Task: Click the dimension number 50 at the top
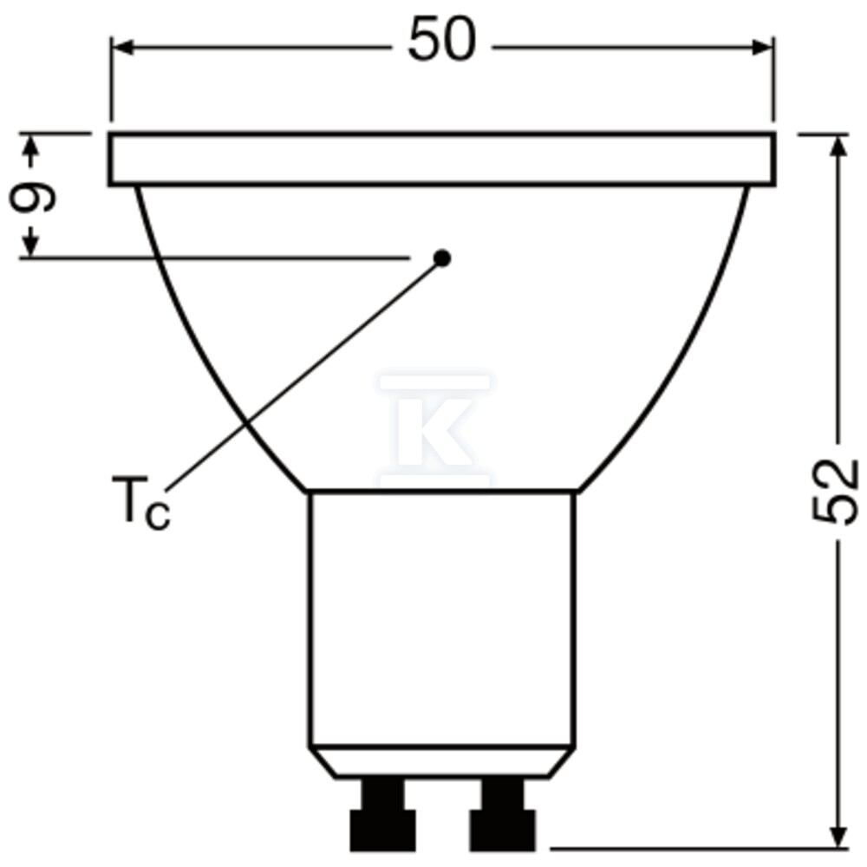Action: pos(442,41)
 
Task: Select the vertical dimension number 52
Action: pos(836,491)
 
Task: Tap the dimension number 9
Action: pos(32,197)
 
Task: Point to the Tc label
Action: pos(141,502)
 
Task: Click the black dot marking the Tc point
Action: pos(442,257)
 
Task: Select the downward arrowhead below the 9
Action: pos(32,244)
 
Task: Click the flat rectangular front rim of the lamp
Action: pos(442,160)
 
